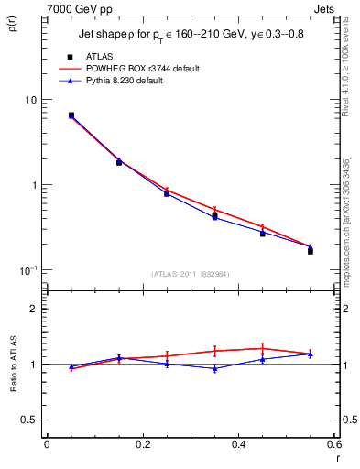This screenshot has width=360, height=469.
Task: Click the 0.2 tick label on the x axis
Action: (143, 444)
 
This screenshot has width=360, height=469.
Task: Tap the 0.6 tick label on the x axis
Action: (333, 444)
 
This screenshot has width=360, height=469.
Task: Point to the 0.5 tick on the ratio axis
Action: (28, 420)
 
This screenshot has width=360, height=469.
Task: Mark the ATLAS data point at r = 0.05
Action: (71, 115)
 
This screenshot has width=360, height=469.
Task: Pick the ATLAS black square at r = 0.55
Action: (311, 250)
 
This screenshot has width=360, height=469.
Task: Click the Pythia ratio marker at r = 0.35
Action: (214, 368)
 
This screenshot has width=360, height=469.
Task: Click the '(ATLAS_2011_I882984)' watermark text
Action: (191, 272)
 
